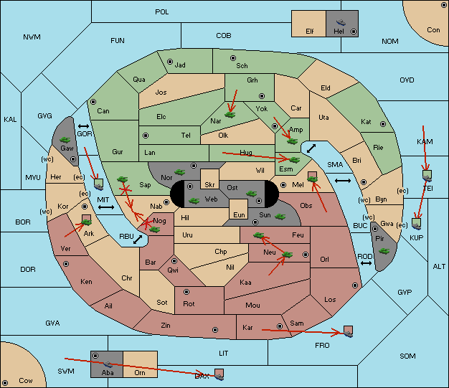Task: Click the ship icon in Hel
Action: pyautogui.click(x=341, y=22)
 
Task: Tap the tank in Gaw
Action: pyautogui.click(x=65, y=140)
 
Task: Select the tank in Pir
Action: pyautogui.click(x=384, y=251)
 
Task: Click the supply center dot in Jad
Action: pyautogui.click(x=170, y=62)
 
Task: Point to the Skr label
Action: pyautogui.click(x=209, y=185)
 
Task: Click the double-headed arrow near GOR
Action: pyautogui.click(x=84, y=126)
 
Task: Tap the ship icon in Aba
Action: pyautogui.click(x=108, y=364)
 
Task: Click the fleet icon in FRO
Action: pyautogui.click(x=348, y=332)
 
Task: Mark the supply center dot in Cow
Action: pyautogui.click(x=5, y=383)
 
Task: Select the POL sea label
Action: pyautogui.click(x=162, y=12)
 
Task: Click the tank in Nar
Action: pyautogui.click(x=230, y=115)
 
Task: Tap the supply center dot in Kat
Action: pyautogui.click(x=383, y=124)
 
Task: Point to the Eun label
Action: pyautogui.click(x=239, y=214)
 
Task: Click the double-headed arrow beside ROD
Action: pyautogui.click(x=366, y=263)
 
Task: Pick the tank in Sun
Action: pyautogui.click(x=280, y=217)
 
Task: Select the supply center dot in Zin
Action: pyautogui.click(x=215, y=330)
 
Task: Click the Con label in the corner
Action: pyautogui.click(x=433, y=30)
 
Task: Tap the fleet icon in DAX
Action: pyautogui.click(x=219, y=375)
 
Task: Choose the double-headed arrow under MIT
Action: pyautogui.click(x=106, y=207)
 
